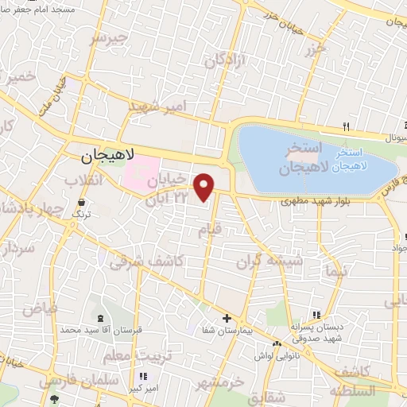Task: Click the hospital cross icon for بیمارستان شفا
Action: (227, 318)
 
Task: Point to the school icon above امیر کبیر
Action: (143, 376)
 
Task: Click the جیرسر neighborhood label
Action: (108, 38)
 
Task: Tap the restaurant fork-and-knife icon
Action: (346, 126)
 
